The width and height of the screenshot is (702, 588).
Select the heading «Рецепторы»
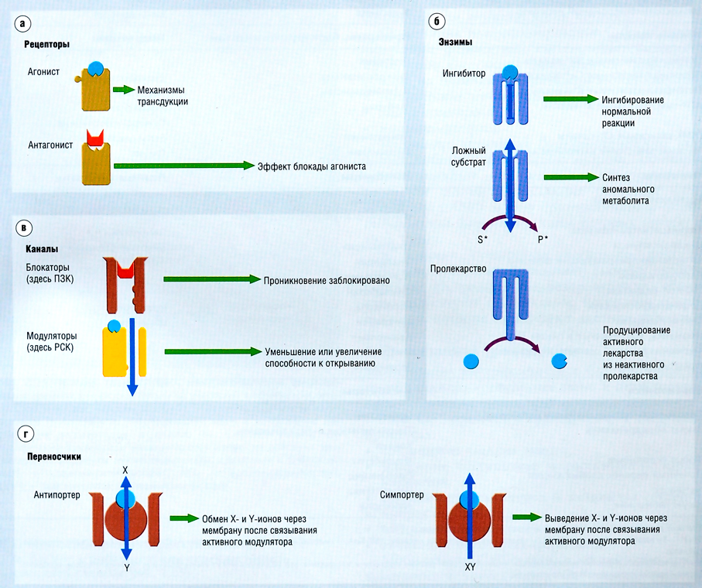47,45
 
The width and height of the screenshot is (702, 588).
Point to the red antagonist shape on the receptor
95,138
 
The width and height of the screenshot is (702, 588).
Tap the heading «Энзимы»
454,42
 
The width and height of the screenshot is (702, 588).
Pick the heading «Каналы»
41,248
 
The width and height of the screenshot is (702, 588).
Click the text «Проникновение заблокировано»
326,279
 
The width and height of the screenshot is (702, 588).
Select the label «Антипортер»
58,494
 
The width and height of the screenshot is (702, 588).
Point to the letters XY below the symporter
469,567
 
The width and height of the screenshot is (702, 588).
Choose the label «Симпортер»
403,494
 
